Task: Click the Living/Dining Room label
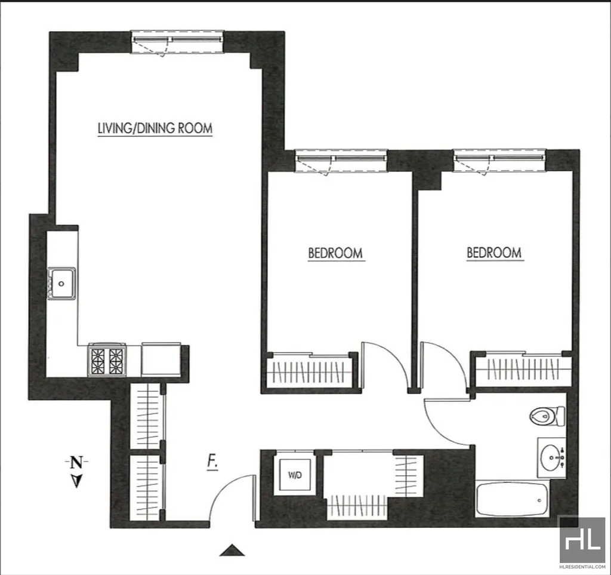[x=155, y=128]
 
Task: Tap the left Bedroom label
[x=335, y=253]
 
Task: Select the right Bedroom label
[x=494, y=253]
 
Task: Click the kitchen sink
[x=61, y=284]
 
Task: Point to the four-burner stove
[x=107, y=360]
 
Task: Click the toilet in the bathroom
[x=547, y=416]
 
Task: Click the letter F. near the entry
[x=212, y=462]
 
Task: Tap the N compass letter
[x=76, y=463]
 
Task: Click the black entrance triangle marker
[x=232, y=550]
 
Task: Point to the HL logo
[x=582, y=539]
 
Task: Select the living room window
[x=178, y=42]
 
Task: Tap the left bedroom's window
[x=341, y=161]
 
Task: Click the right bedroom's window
[x=499, y=161]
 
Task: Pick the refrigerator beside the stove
[x=161, y=359]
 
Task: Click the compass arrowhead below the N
[x=76, y=481]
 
